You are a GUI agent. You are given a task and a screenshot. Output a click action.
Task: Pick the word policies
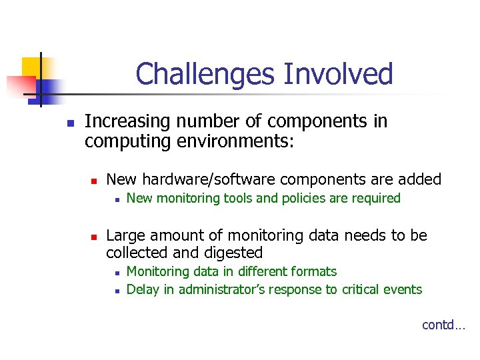click(x=291, y=198)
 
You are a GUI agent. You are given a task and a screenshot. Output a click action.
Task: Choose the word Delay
click(x=142, y=289)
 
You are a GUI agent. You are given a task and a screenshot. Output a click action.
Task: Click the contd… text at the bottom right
click(x=443, y=325)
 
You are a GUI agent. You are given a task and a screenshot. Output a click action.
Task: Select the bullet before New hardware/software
click(x=95, y=181)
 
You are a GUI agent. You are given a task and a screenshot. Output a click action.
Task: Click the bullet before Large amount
click(x=95, y=237)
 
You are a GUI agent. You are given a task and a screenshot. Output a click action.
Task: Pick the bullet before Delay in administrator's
click(x=116, y=291)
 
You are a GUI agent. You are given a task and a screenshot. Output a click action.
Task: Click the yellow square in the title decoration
click(x=31, y=67)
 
